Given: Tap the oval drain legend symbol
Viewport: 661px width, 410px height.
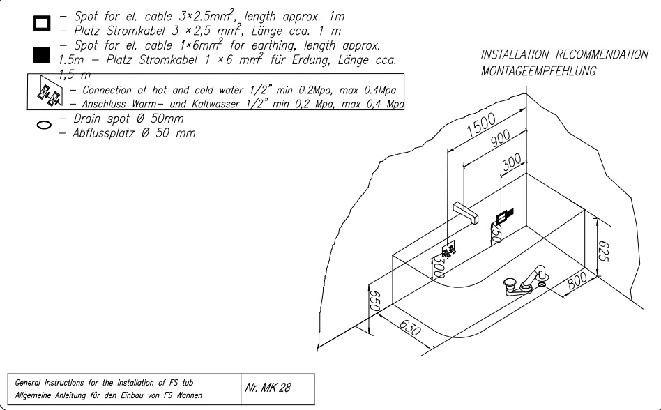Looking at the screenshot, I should pyautogui.click(x=43, y=127).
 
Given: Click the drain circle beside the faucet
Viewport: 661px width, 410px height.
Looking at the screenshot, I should pyautogui.click(x=543, y=285).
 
